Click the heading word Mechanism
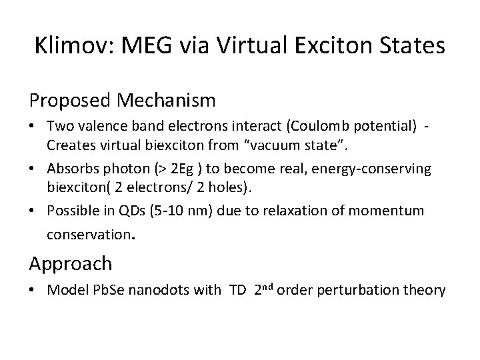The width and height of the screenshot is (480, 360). point(167,101)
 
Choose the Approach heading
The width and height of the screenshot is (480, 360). point(71,263)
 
